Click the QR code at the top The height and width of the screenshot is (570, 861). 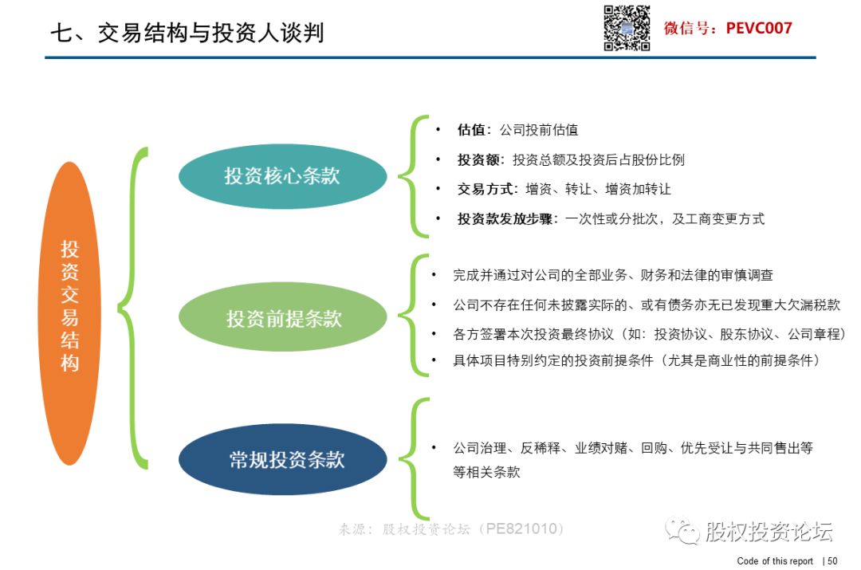(x=627, y=28)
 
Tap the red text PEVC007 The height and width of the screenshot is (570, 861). (x=759, y=28)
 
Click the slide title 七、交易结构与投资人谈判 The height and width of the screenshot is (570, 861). (x=187, y=33)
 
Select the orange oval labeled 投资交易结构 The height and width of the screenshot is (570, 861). (x=69, y=313)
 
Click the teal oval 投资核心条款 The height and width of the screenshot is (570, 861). (x=282, y=176)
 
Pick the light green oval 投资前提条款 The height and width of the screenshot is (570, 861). (x=283, y=316)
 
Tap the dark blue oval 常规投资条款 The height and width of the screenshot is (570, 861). (x=283, y=459)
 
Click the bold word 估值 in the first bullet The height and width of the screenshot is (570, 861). (x=471, y=130)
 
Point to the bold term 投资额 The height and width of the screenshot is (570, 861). (x=478, y=159)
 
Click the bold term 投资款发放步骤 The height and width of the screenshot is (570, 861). (x=505, y=219)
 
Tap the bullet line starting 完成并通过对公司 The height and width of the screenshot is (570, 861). (x=613, y=275)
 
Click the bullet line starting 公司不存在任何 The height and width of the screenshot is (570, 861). (x=647, y=305)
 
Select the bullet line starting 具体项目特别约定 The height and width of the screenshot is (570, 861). (x=637, y=360)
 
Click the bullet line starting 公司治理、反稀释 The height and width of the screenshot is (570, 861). (x=632, y=460)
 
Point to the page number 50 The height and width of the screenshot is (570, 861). (x=832, y=560)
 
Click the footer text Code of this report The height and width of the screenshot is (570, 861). (x=775, y=560)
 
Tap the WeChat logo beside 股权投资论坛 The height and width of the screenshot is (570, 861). (x=682, y=530)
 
